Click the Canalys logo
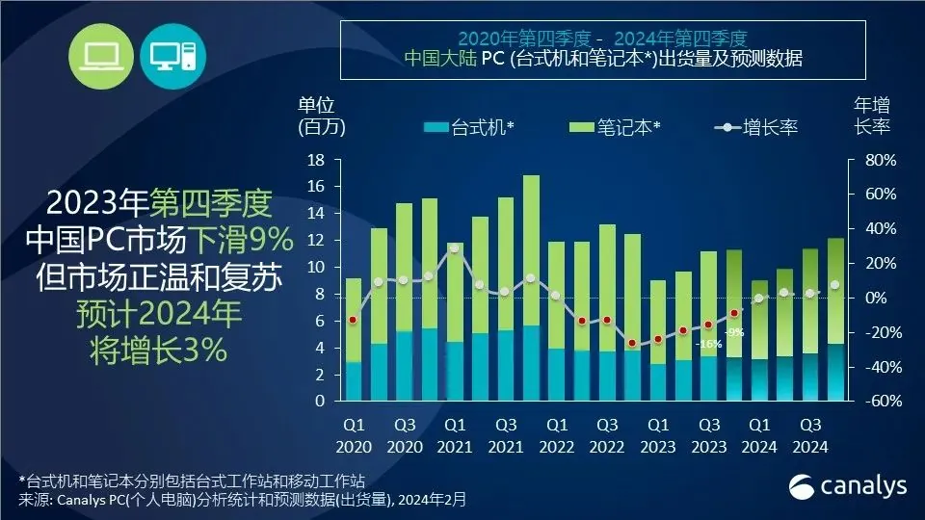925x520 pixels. pyautogui.click(x=848, y=486)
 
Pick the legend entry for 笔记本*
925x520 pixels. pyautogui.click(x=616, y=127)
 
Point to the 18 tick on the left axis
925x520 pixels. pyautogui.click(x=319, y=160)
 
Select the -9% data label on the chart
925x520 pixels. pyautogui.click(x=734, y=332)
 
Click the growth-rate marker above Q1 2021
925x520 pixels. pyautogui.click(x=455, y=248)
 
